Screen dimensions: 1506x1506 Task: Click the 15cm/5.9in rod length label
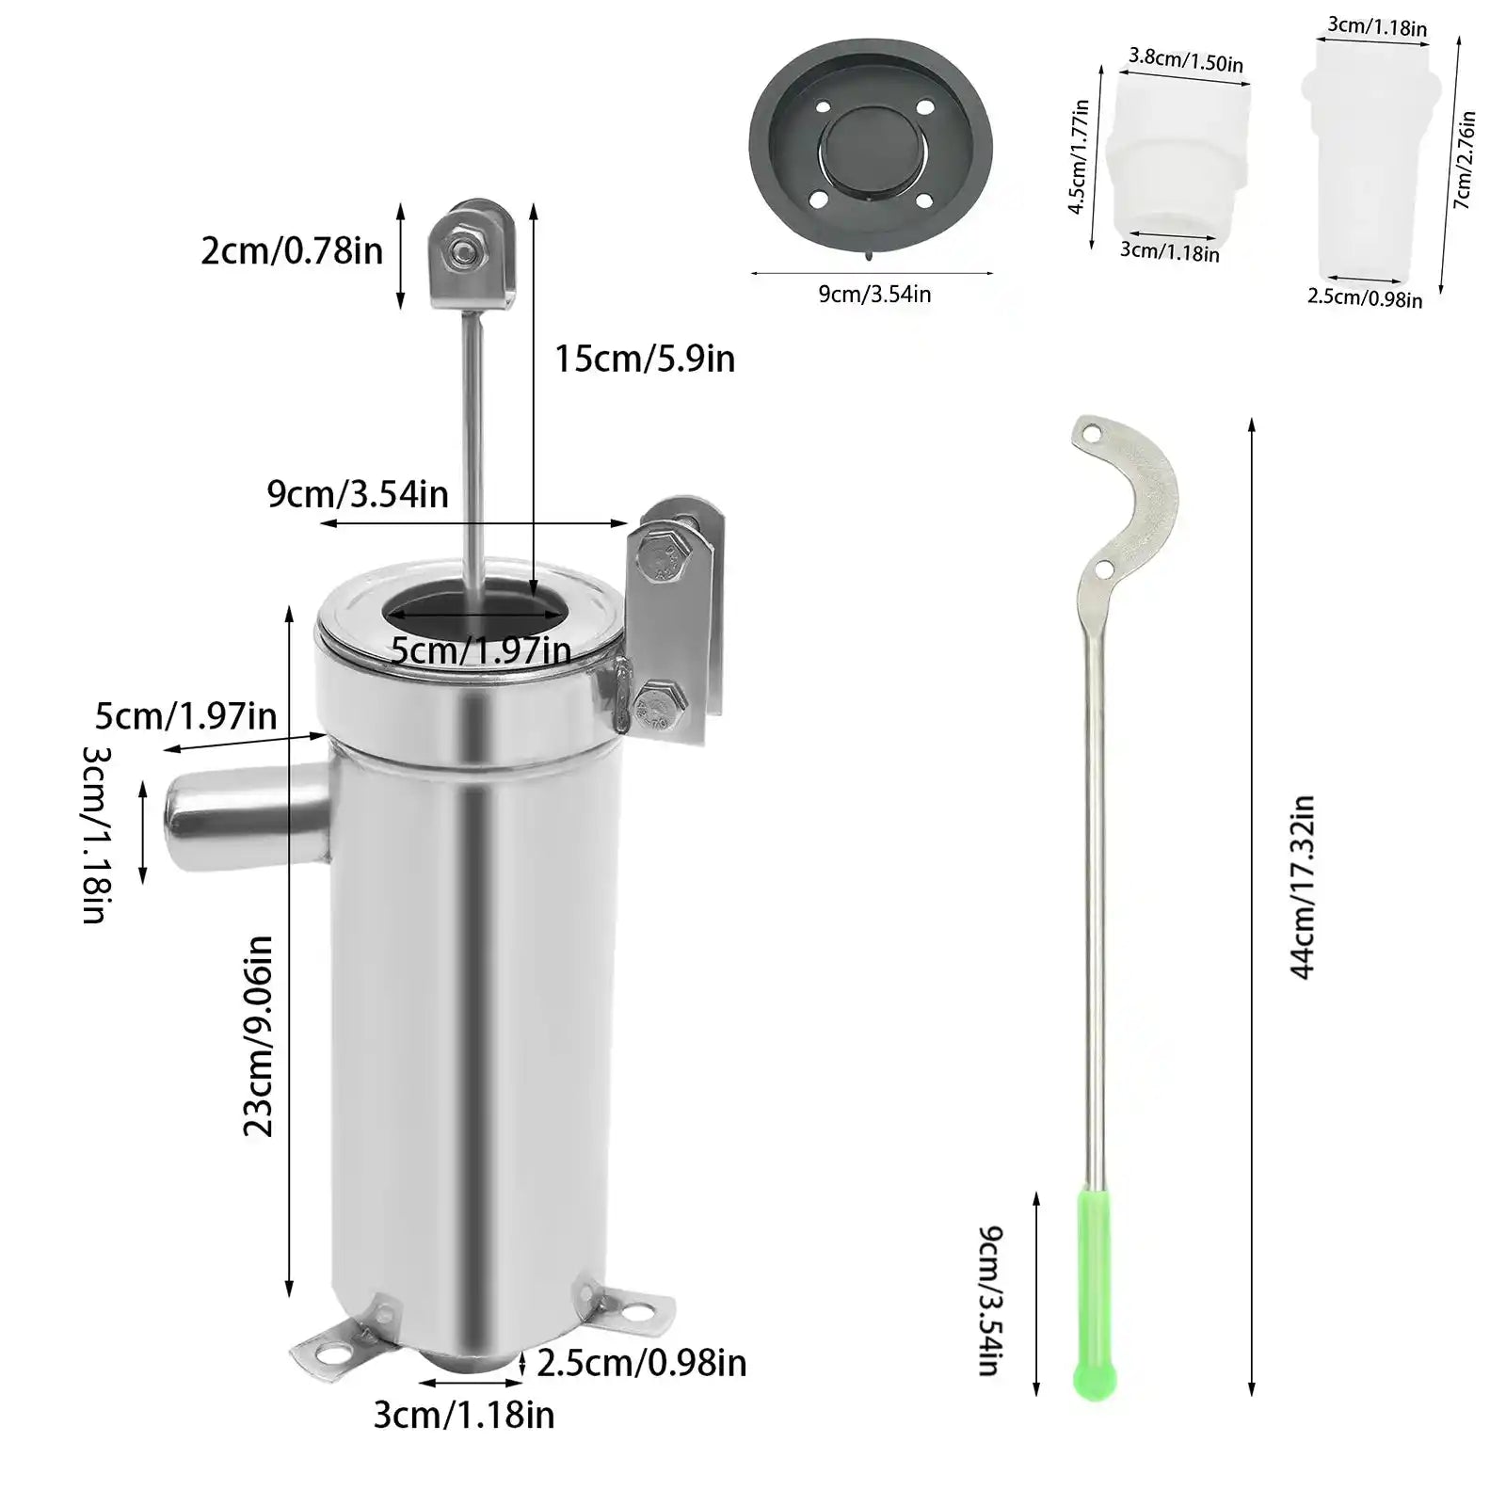point(645,359)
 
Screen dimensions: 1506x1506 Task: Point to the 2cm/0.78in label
point(292,251)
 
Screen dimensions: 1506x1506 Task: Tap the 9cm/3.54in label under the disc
point(874,295)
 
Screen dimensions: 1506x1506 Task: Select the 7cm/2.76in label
point(1465,160)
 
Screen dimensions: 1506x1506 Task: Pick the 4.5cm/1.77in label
point(1079,157)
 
